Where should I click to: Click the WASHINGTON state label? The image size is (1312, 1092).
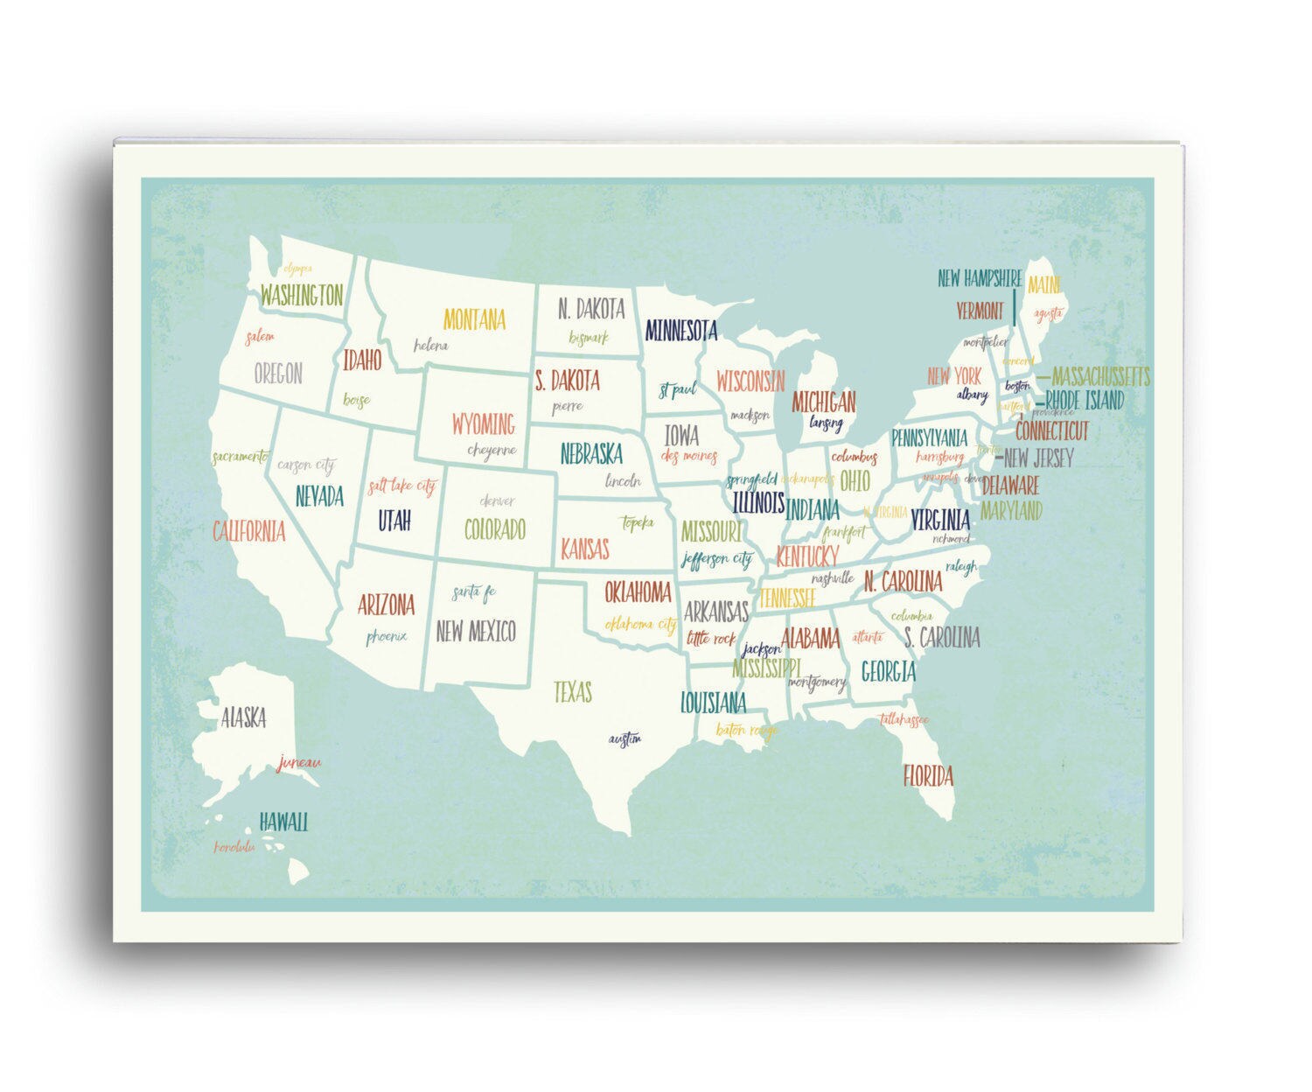click(x=302, y=295)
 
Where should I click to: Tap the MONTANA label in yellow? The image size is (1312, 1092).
click(x=474, y=319)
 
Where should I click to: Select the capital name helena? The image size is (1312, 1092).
click(x=430, y=346)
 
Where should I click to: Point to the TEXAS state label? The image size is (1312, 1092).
click(x=573, y=692)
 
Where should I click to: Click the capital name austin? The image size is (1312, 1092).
click(x=625, y=739)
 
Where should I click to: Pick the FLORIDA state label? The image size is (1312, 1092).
click(x=928, y=775)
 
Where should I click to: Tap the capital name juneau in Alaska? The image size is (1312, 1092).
click(x=299, y=762)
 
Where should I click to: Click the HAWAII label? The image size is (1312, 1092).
click(x=283, y=822)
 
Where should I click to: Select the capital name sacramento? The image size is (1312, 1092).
click(x=240, y=457)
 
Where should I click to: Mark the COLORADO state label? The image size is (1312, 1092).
click(x=494, y=529)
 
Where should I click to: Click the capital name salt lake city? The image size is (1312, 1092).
click(x=401, y=486)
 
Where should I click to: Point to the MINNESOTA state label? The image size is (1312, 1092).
click(x=680, y=331)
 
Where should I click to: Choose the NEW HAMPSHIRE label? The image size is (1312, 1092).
click(x=980, y=279)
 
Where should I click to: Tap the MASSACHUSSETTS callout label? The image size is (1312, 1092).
click(x=1100, y=377)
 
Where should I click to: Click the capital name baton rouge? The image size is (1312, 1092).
click(x=746, y=729)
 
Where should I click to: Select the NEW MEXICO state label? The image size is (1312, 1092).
click(x=476, y=631)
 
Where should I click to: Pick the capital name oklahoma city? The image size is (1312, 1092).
click(x=640, y=625)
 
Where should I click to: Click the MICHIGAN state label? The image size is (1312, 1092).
click(x=823, y=402)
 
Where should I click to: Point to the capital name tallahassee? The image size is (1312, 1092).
click(x=904, y=720)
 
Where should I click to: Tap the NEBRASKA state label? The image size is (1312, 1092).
click(x=591, y=454)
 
